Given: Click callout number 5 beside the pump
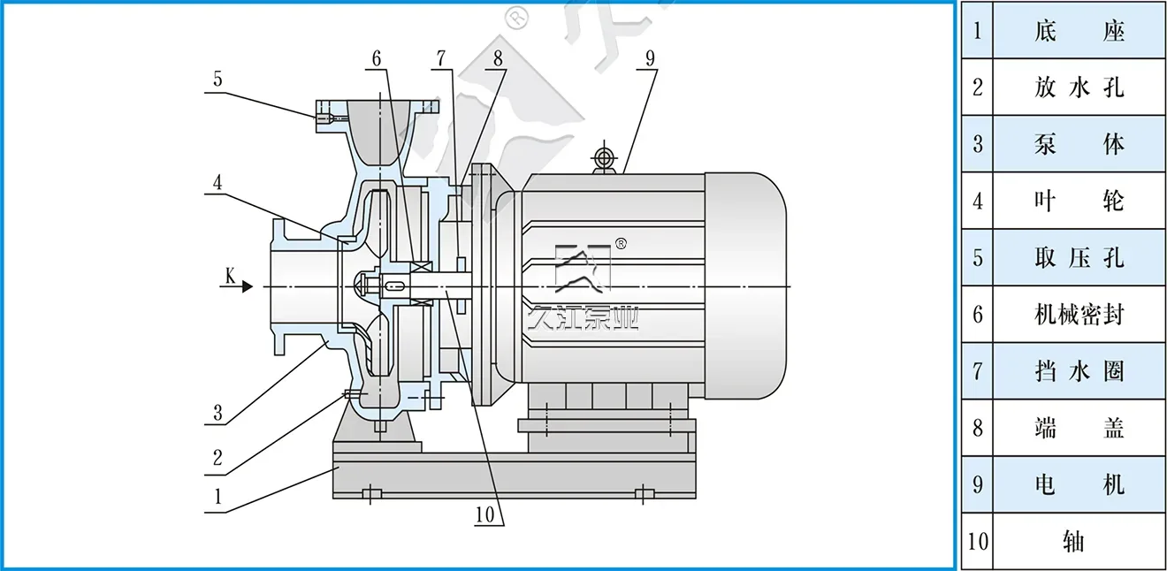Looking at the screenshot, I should [217, 79].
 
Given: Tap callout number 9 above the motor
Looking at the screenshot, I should [650, 59].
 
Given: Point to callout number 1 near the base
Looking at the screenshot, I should [217, 496].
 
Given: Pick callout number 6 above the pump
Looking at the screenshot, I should [377, 59].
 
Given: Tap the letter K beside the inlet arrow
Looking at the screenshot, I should [230, 277].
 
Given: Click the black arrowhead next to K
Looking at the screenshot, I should [248, 286].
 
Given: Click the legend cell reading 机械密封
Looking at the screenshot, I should [1079, 314].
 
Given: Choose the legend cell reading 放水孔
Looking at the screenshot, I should [1079, 87].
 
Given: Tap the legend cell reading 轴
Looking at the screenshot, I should [1075, 540].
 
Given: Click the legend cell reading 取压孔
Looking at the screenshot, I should [1079, 257].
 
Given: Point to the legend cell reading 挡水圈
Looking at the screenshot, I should [1079, 370].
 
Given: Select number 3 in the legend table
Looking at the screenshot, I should [977, 143].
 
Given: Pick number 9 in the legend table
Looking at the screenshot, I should [977, 483].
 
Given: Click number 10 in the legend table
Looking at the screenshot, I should [977, 540].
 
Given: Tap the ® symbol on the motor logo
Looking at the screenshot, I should [621, 245].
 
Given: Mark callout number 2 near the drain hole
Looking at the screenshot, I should [217, 458].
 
